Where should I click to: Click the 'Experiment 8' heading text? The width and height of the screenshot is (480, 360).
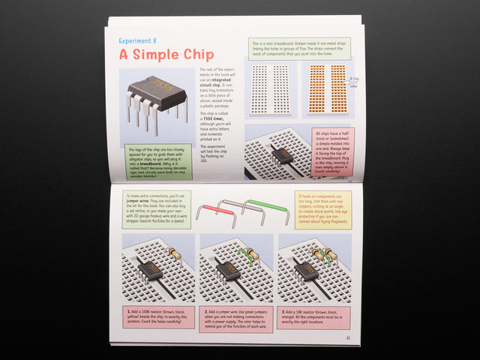138,40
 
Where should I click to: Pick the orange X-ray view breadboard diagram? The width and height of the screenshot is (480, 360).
326,89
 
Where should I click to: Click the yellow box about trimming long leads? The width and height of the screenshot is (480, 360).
323,210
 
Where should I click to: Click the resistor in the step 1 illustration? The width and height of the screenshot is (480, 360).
175,254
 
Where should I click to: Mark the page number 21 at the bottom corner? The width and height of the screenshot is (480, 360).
348,337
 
